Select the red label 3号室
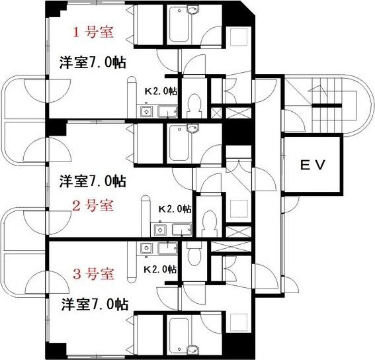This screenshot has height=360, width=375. (94, 273)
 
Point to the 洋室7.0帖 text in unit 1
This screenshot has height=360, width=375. (93, 62)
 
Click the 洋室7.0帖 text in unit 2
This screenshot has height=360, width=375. (93, 180)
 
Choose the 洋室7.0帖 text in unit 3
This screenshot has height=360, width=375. (95, 304)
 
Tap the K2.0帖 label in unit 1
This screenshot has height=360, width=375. (161, 91)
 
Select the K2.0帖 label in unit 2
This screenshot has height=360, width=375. (175, 208)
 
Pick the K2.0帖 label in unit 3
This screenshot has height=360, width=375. (161, 269)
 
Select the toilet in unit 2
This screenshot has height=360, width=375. (209, 222)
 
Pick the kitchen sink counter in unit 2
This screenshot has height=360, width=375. (173, 230)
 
